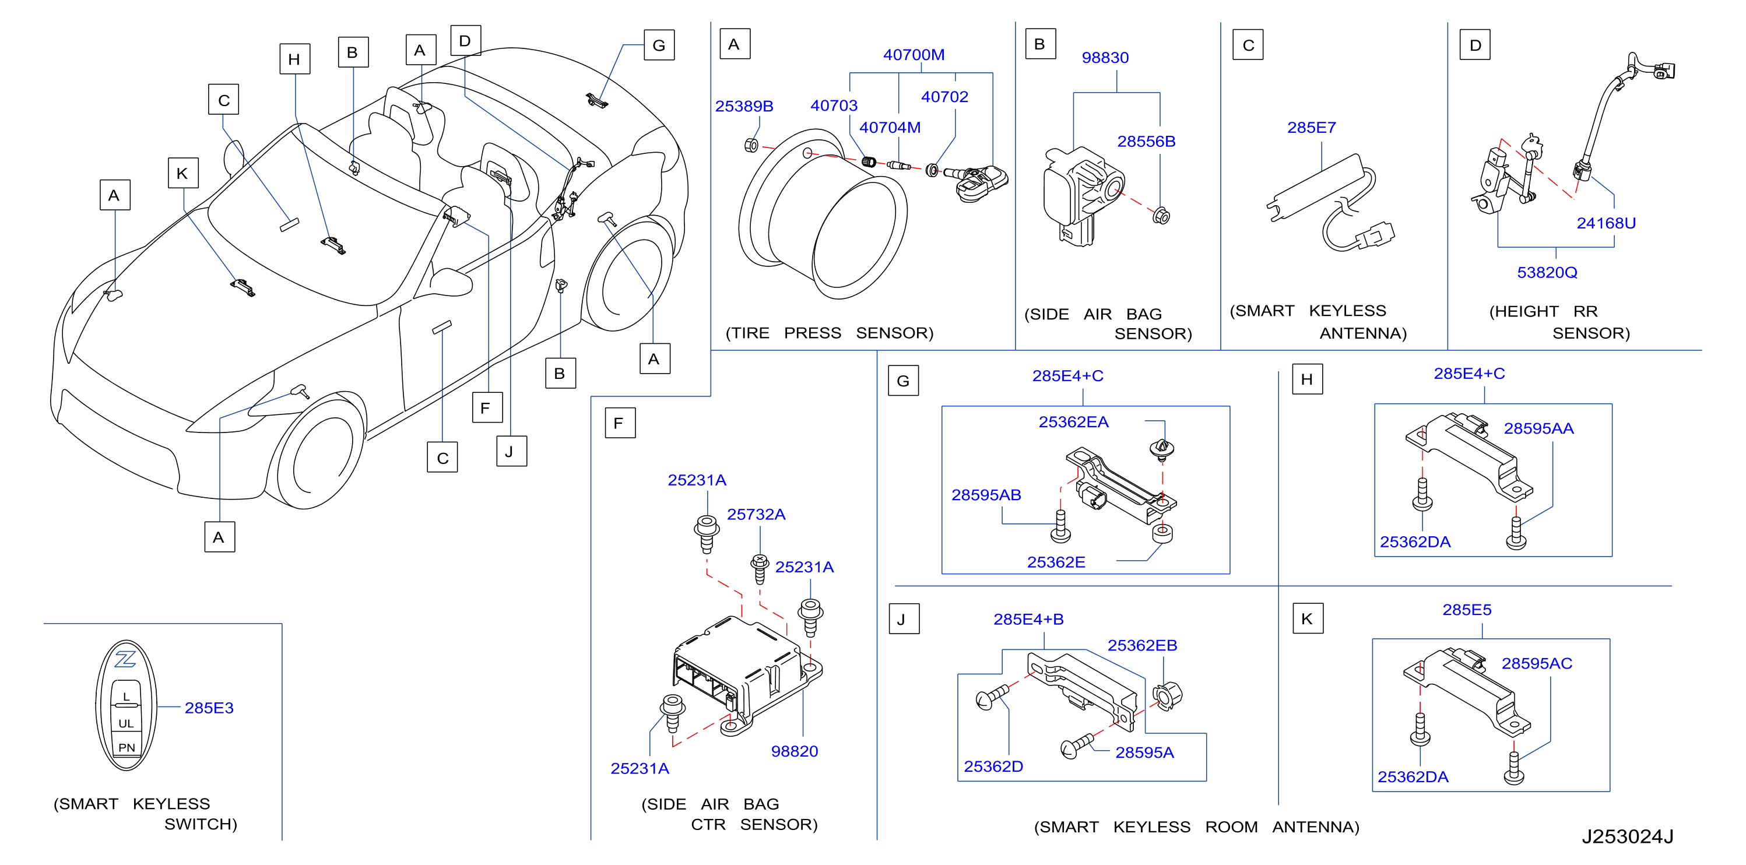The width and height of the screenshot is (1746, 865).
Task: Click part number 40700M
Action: click(914, 54)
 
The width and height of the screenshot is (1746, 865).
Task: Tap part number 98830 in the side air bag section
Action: click(1105, 58)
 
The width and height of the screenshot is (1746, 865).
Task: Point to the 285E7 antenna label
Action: click(1312, 128)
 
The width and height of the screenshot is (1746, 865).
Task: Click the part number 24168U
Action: click(1606, 223)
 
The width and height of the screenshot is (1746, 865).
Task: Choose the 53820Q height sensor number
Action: click(1547, 273)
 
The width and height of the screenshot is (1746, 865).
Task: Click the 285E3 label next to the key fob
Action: click(209, 708)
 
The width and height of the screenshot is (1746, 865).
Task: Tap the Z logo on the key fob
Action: click(125, 658)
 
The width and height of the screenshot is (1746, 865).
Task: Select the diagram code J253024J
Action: click(1628, 836)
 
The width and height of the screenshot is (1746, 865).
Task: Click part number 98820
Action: click(795, 751)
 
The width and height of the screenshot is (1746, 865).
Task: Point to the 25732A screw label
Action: click(756, 515)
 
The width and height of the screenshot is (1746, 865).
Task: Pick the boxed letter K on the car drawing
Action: click(183, 173)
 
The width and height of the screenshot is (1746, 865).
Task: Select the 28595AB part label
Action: click(986, 495)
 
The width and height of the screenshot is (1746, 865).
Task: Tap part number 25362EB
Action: click(1142, 645)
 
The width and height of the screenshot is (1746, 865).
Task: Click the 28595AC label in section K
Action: click(1537, 664)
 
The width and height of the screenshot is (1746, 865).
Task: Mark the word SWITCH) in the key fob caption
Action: click(201, 824)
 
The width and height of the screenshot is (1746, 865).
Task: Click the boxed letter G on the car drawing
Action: click(659, 45)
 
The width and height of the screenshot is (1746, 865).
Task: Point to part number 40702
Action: click(944, 97)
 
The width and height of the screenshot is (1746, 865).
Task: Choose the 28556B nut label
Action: click(1146, 142)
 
